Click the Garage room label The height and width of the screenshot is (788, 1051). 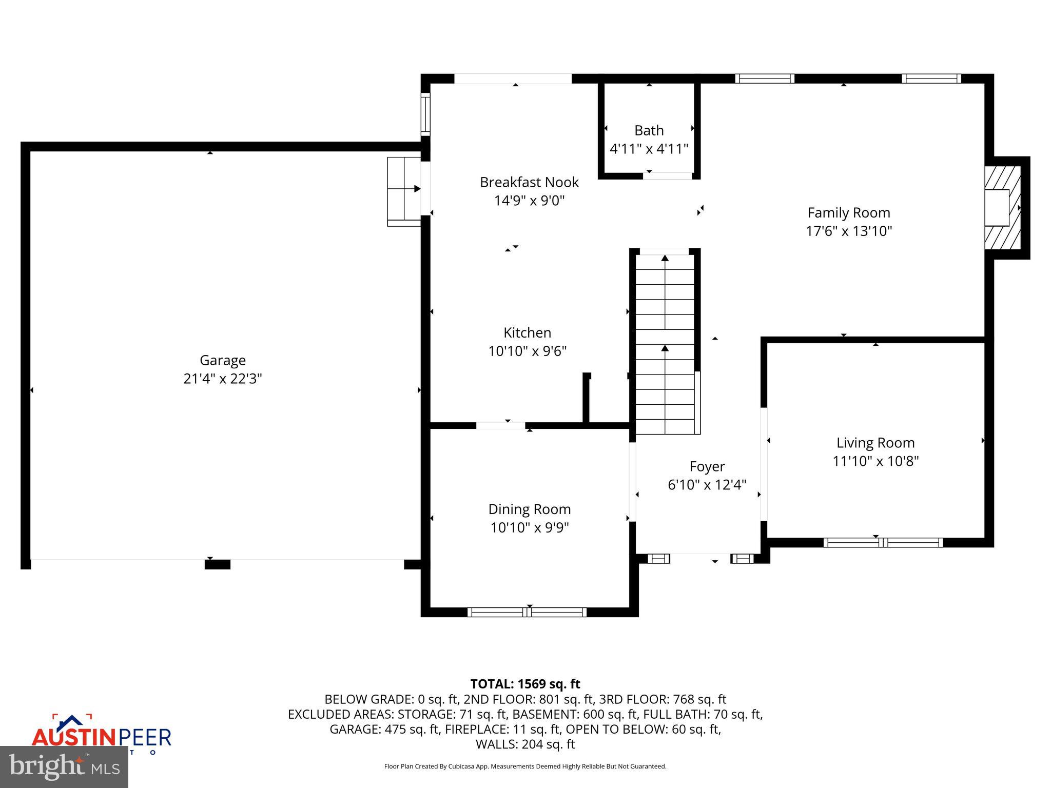tap(222, 360)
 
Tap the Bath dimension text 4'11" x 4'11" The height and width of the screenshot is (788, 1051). tap(649, 149)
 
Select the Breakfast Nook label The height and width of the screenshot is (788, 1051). tap(529, 182)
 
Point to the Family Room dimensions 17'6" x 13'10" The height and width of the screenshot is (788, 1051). tap(849, 231)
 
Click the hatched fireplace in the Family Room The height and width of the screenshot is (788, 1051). tap(1002, 208)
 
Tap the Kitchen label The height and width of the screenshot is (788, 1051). tap(527, 332)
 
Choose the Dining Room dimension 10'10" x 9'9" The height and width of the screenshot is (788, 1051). tap(529, 527)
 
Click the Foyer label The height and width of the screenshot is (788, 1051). tap(707, 466)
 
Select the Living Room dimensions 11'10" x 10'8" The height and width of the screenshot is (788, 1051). tap(875, 461)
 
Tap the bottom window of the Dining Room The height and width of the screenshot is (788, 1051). tap(527, 612)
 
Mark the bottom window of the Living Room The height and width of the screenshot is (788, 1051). tap(883, 542)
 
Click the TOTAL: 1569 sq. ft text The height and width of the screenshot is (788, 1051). tap(525, 684)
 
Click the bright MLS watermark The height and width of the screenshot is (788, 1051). tap(64, 767)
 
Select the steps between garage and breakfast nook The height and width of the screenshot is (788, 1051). tap(404, 191)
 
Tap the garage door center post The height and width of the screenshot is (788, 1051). tap(217, 564)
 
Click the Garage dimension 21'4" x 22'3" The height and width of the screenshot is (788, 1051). tap(222, 379)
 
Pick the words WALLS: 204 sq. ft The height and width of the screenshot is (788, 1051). tap(525, 744)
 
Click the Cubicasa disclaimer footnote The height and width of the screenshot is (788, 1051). tap(525, 766)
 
